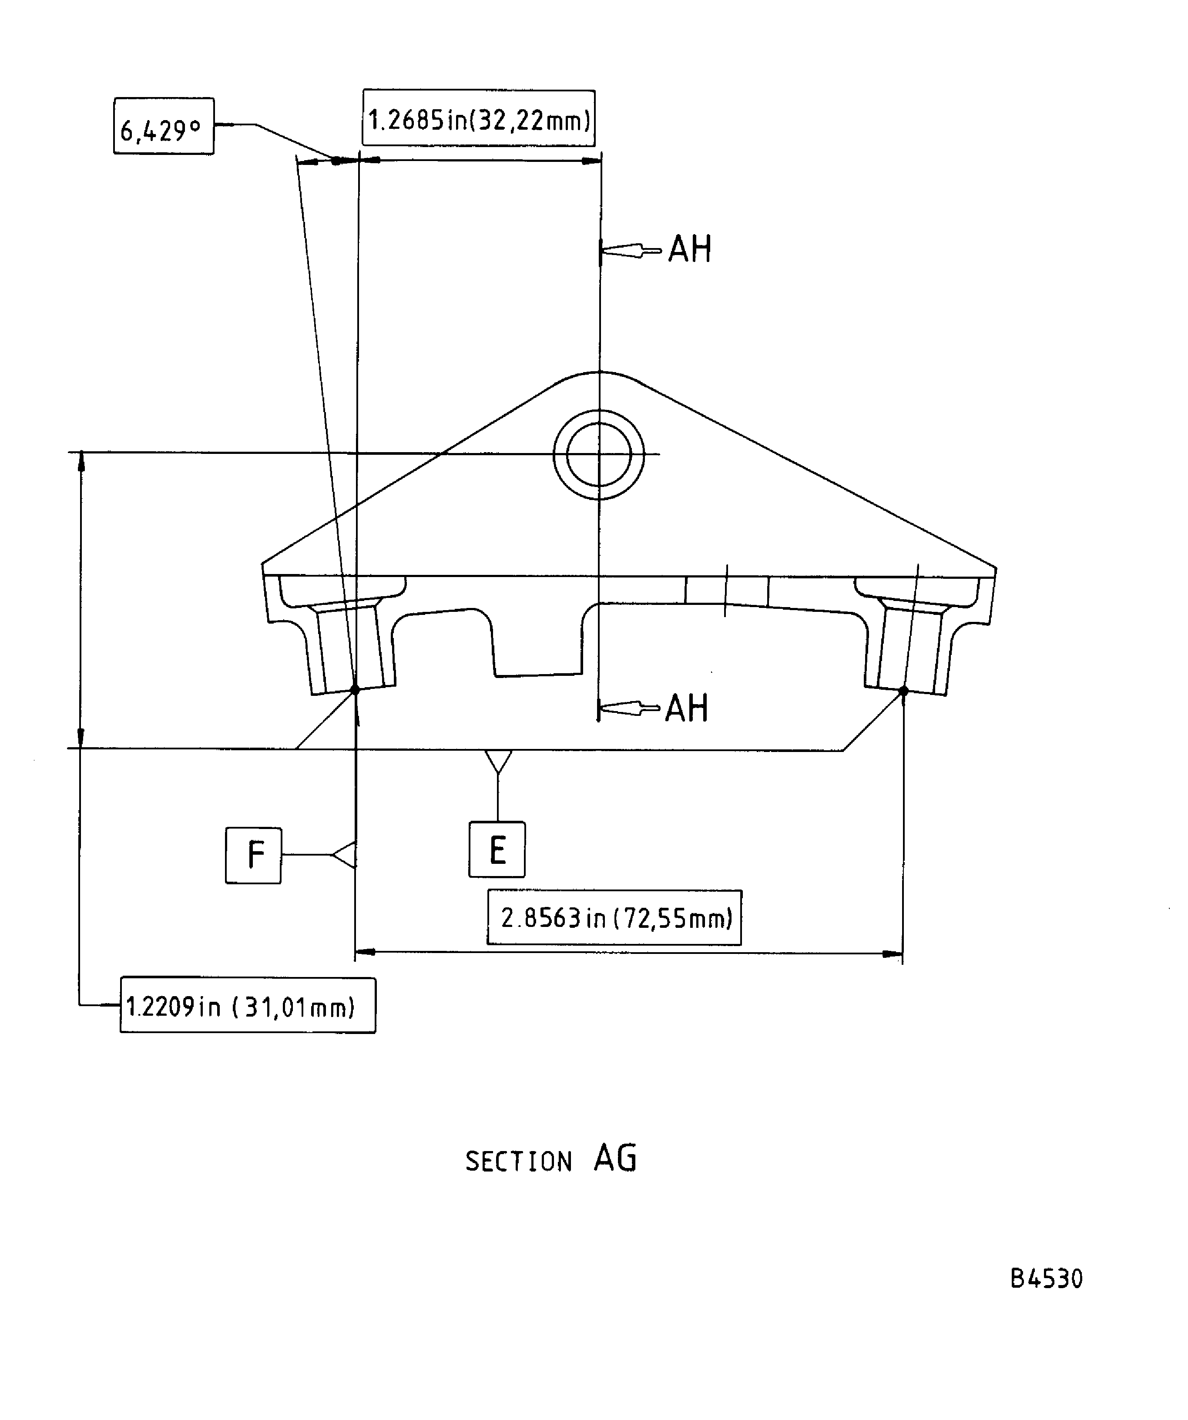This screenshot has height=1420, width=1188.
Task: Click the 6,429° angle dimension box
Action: coord(163,127)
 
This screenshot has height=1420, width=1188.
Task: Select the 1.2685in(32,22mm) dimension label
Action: coord(479,118)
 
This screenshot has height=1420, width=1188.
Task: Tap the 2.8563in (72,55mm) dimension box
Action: coord(614,918)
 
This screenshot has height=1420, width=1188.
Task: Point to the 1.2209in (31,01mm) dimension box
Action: coord(248,1006)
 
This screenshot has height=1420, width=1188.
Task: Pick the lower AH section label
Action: coord(686,708)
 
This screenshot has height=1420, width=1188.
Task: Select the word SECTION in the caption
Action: coord(519,1162)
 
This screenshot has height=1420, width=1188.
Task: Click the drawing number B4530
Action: coord(1046,1279)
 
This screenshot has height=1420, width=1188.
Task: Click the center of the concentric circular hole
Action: coord(598,454)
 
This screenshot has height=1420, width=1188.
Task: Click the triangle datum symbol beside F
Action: coord(345,855)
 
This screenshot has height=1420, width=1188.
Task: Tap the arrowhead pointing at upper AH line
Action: coord(619,251)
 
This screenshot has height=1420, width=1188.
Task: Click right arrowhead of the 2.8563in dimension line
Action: coord(893,953)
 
